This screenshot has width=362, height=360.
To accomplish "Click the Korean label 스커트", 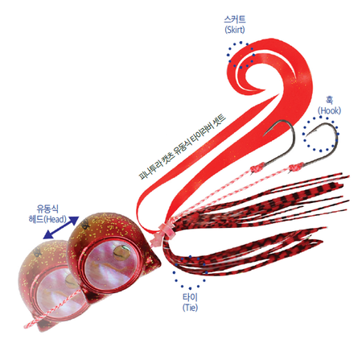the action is click(x=235, y=19).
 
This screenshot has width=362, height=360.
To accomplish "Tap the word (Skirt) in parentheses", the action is click(x=235, y=29).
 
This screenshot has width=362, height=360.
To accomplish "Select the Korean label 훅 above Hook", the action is click(x=329, y=101).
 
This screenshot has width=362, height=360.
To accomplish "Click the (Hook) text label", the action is click(x=329, y=110).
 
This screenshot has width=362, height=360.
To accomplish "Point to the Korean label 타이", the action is click(x=190, y=297).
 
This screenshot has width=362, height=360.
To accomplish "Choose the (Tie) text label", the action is click(x=190, y=308).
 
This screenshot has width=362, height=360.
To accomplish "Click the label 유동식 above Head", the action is click(x=47, y=209).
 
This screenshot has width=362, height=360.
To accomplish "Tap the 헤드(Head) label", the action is click(x=47, y=219).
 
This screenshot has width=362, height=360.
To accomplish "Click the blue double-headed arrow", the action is click(x=61, y=228).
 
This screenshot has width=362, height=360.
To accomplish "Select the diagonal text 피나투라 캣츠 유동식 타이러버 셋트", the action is click(x=183, y=147).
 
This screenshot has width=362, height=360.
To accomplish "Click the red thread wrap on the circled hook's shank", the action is click(x=297, y=168).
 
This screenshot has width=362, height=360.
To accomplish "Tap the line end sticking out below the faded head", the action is click(x=25, y=327).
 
